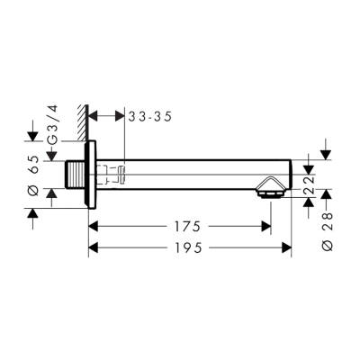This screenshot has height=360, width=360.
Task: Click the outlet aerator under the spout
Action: coord(269,191)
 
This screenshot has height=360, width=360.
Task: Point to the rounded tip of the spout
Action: coord(290,173)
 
